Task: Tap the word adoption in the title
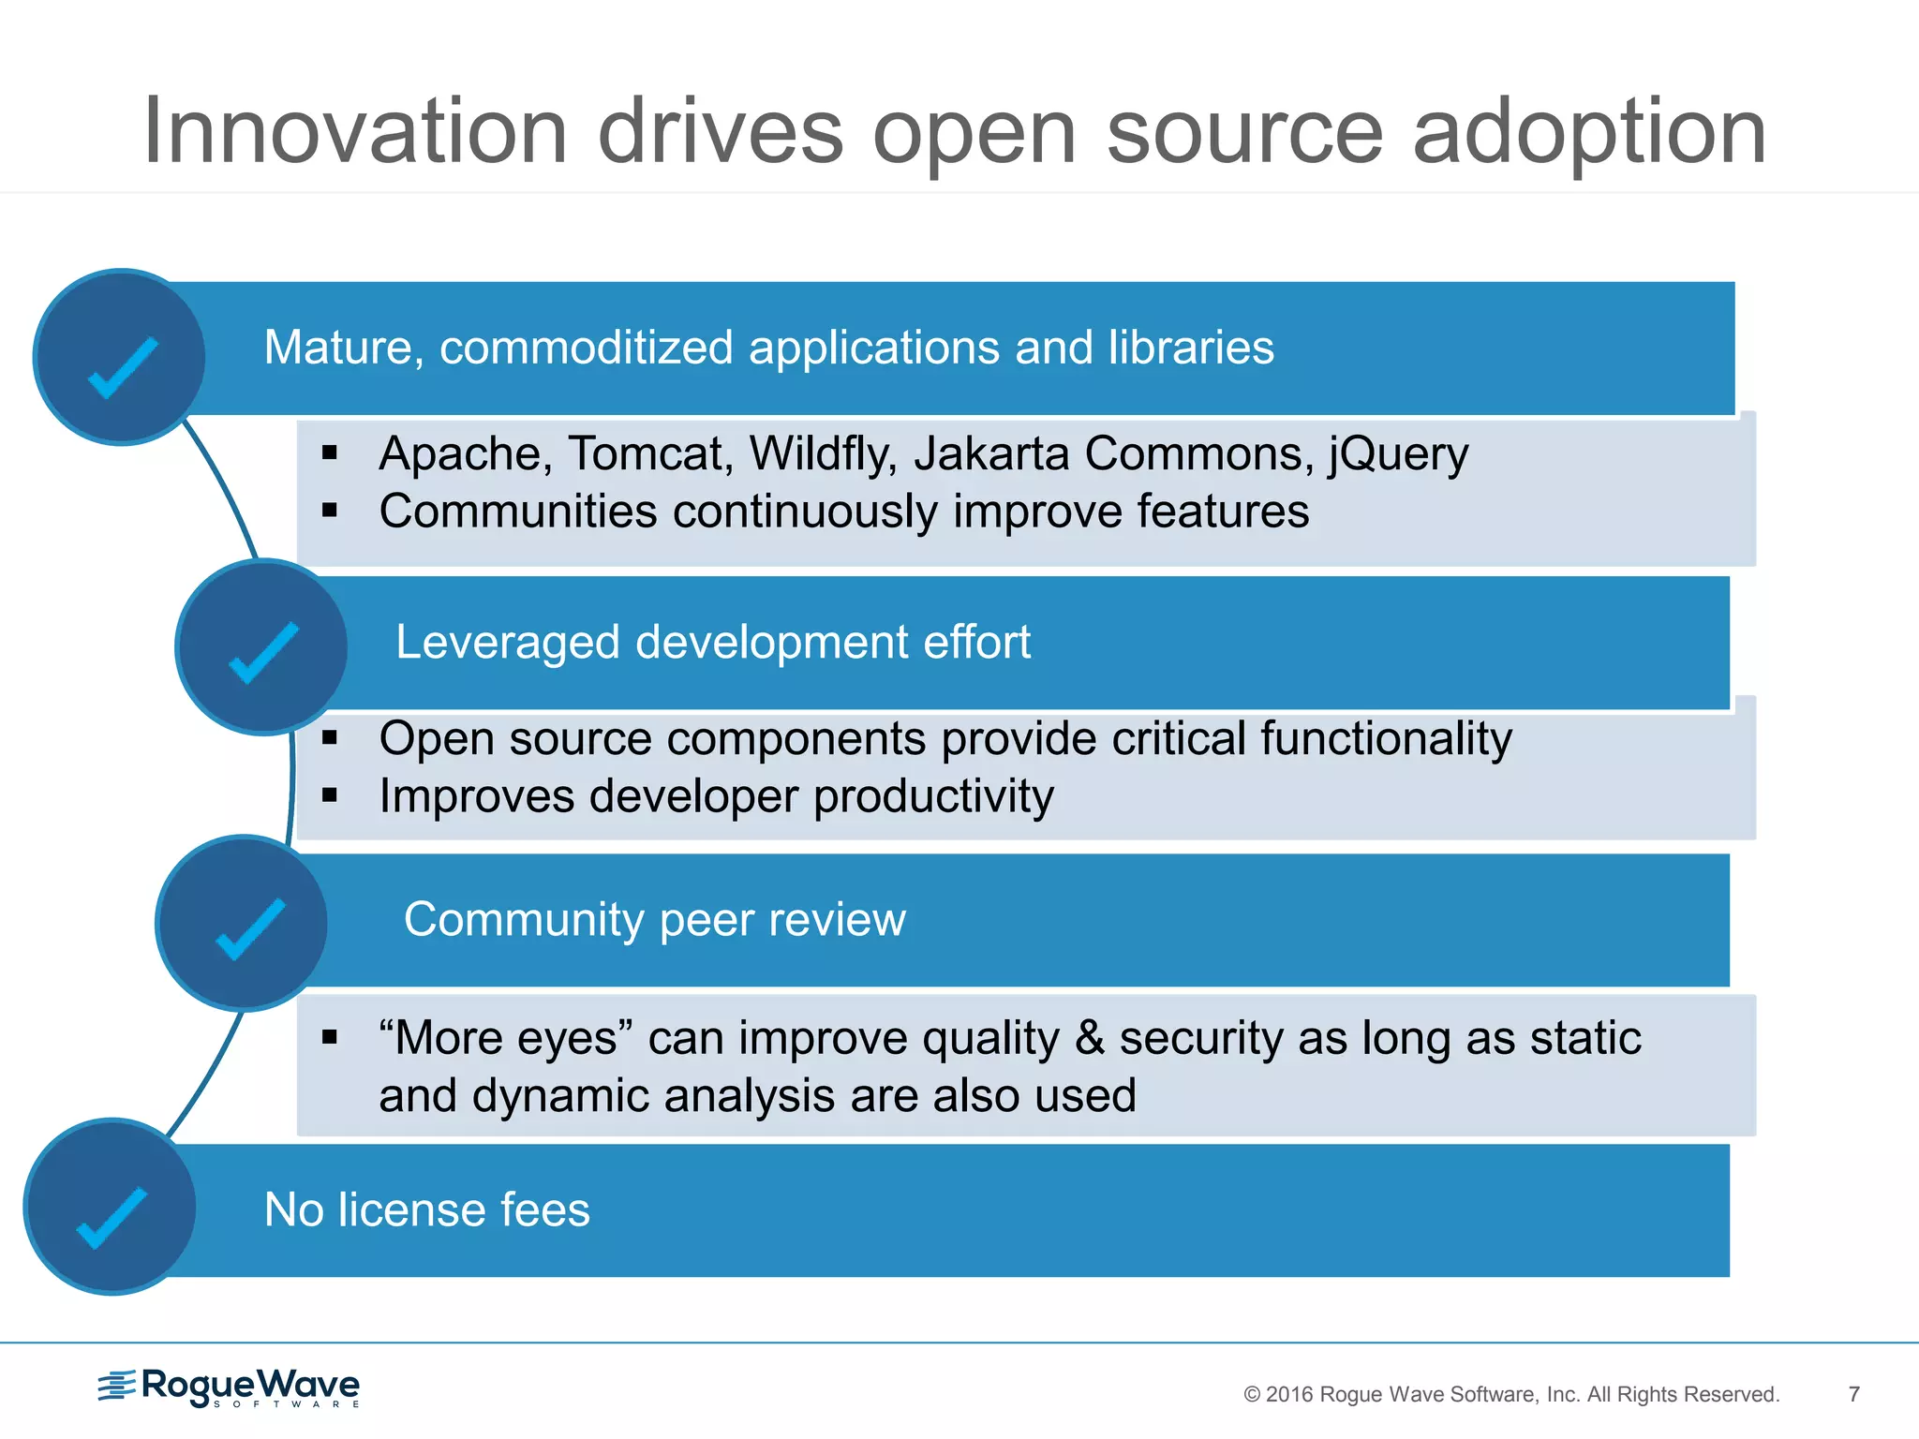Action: pyautogui.click(x=1589, y=133)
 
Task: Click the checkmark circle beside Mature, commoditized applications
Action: pyautogui.click(x=121, y=358)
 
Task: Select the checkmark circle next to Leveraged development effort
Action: pyautogui.click(x=262, y=647)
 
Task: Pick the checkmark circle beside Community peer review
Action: pyautogui.click(x=243, y=924)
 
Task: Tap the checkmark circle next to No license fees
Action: pyautogui.click(x=111, y=1207)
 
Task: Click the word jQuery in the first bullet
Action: pyautogui.click(x=1398, y=454)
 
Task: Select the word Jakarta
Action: pyautogui.click(x=991, y=454)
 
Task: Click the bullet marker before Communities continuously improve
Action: pyautogui.click(x=329, y=511)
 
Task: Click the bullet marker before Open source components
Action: pyautogui.click(x=329, y=738)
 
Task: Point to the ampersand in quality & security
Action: pyautogui.click(x=1089, y=1038)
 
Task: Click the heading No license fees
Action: pyautogui.click(x=427, y=1209)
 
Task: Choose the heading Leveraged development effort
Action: pyautogui.click(x=712, y=643)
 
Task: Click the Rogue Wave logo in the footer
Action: pyautogui.click(x=230, y=1387)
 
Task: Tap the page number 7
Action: pyautogui.click(x=1853, y=1394)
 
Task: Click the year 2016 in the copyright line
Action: pyautogui.click(x=1289, y=1395)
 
